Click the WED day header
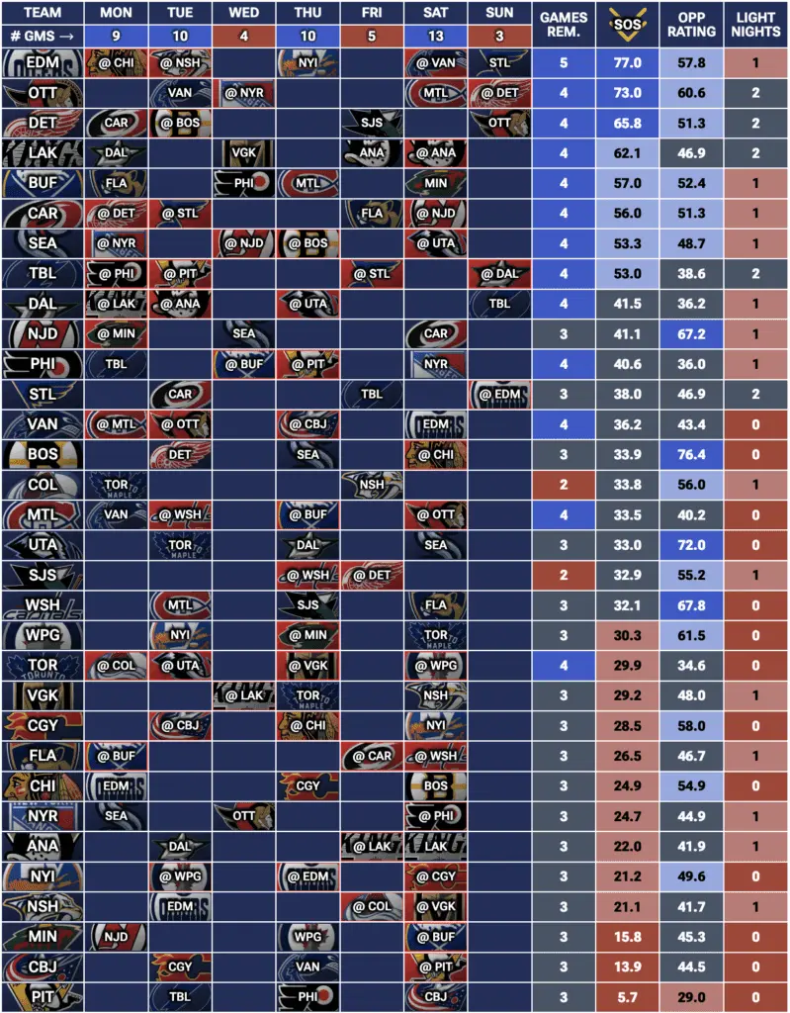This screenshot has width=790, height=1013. (244, 14)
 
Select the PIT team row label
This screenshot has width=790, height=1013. (42, 993)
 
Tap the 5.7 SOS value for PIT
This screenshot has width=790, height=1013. (627, 993)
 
